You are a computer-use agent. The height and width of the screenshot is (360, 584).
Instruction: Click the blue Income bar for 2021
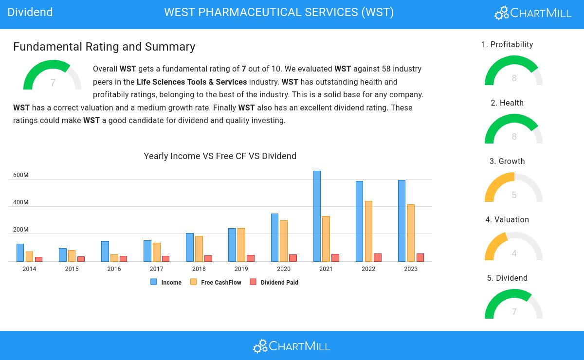317,216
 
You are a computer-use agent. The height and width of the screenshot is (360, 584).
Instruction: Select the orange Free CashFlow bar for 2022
368,231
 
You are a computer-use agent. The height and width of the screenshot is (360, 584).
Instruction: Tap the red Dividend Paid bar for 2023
420,257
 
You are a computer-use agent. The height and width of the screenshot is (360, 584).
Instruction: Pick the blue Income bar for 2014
20,252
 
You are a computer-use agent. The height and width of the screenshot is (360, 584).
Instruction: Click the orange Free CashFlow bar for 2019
241,245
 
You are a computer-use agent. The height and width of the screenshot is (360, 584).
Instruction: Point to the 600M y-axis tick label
20,175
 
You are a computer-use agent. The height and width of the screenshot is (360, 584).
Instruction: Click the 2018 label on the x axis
199,269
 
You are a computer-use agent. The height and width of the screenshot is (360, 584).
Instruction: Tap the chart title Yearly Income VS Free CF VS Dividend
220,156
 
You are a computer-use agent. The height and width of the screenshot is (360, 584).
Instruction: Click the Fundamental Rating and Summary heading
104,47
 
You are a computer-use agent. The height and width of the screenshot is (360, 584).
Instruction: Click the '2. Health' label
507,103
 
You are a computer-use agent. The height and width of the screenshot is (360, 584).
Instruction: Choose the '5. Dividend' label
507,278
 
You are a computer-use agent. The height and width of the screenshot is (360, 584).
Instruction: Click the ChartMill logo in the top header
533,13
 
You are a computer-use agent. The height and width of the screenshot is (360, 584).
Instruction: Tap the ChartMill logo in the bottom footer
292,346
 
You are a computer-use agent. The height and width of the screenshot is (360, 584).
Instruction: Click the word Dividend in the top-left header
30,12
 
